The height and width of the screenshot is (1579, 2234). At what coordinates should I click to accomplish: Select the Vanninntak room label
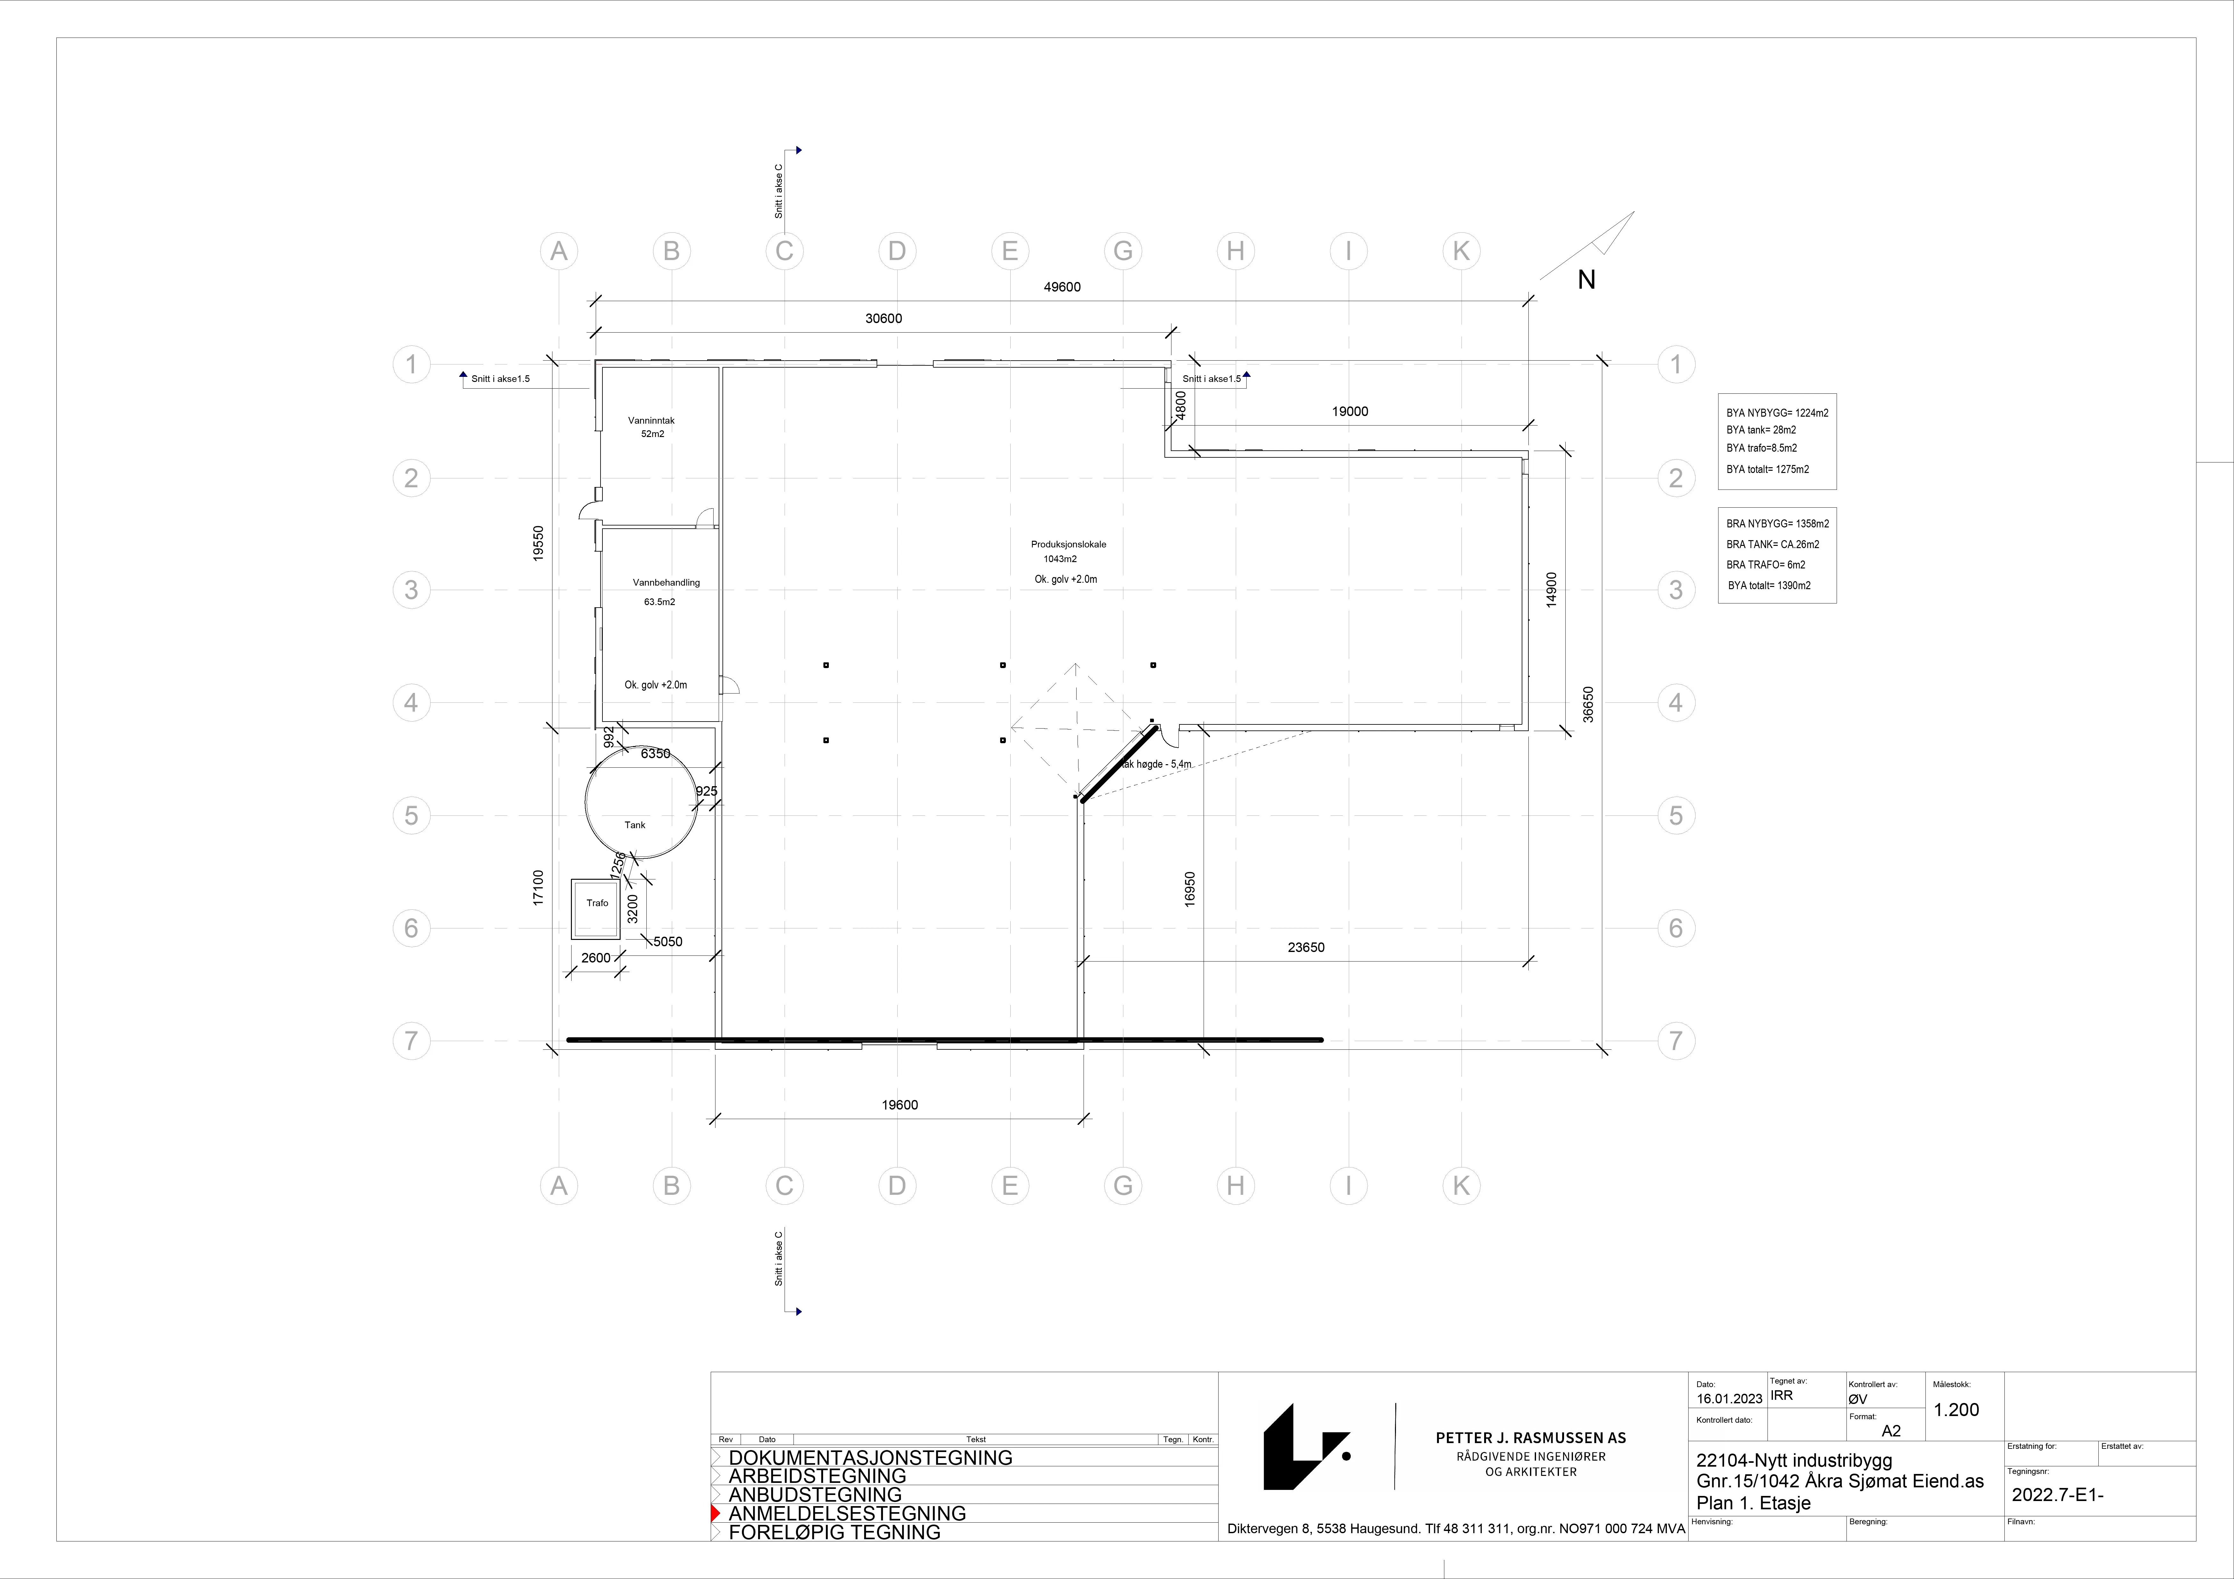point(651,420)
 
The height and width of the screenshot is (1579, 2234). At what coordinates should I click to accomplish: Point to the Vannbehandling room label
point(666,583)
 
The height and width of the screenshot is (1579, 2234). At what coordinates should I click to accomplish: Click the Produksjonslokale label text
point(1068,545)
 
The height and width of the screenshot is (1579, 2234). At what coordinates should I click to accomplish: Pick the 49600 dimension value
point(1062,287)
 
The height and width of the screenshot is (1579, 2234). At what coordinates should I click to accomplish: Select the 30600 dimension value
point(884,318)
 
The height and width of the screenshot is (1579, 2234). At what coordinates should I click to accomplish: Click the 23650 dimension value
point(1306,948)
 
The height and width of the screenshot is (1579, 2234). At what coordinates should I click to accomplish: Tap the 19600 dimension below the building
point(900,1105)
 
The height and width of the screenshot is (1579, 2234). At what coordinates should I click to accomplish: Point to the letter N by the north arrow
point(1586,280)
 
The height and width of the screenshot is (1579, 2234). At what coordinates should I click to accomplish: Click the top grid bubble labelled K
point(1462,251)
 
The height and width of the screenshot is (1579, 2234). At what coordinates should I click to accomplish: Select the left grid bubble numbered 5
point(412,815)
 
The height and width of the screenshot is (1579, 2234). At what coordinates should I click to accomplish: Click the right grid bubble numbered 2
point(1675,478)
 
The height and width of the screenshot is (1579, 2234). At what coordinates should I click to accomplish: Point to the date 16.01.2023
point(1729,1399)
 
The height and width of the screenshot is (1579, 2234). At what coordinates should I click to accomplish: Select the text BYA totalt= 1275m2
point(1768,469)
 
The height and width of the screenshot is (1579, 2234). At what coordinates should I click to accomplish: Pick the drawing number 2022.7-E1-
point(2057,1495)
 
